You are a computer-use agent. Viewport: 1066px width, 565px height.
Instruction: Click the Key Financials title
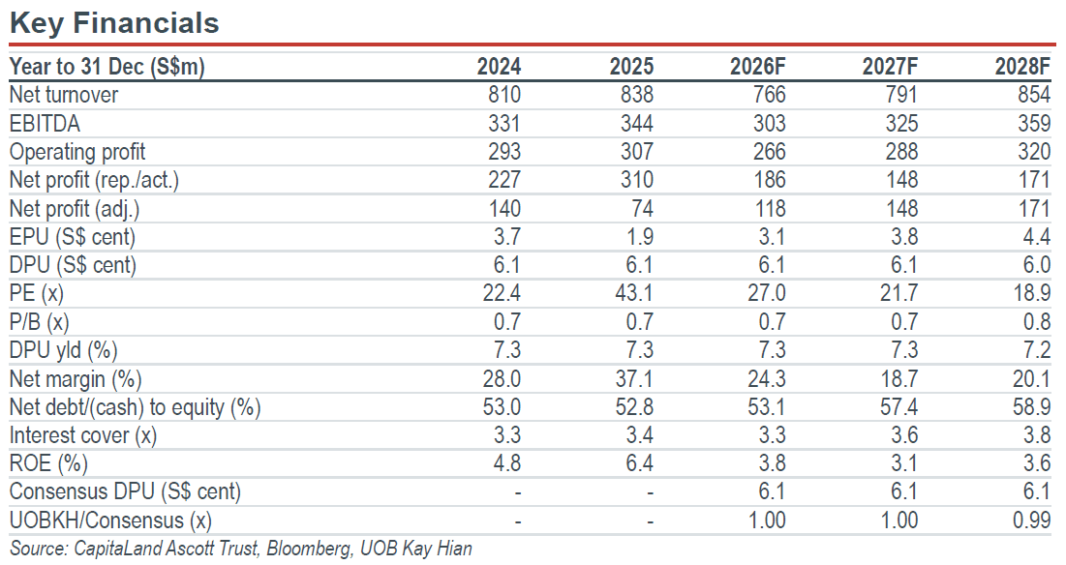114,22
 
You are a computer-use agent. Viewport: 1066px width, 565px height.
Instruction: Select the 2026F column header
757,66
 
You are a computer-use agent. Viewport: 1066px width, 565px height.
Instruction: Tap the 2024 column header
499,66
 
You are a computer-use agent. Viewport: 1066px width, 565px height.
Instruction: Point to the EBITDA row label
45,123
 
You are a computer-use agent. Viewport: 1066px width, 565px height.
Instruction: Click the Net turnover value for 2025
636,95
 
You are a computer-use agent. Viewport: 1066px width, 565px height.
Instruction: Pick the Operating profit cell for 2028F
1034,152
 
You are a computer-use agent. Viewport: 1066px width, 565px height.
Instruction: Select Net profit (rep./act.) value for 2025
636,179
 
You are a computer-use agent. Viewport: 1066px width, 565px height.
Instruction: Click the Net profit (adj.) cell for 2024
504,208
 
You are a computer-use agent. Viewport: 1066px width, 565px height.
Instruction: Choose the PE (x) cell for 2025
633,293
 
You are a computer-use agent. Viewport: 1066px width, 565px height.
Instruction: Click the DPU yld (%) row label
63,349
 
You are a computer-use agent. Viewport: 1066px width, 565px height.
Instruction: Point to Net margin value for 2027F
898,378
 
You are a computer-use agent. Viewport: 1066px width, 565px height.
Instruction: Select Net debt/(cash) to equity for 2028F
1031,406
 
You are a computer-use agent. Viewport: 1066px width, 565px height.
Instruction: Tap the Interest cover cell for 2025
639,434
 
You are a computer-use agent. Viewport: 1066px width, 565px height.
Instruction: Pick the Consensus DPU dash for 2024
518,492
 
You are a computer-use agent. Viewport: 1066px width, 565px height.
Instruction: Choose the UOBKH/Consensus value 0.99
1031,520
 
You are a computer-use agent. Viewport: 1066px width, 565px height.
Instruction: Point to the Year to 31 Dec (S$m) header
107,66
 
